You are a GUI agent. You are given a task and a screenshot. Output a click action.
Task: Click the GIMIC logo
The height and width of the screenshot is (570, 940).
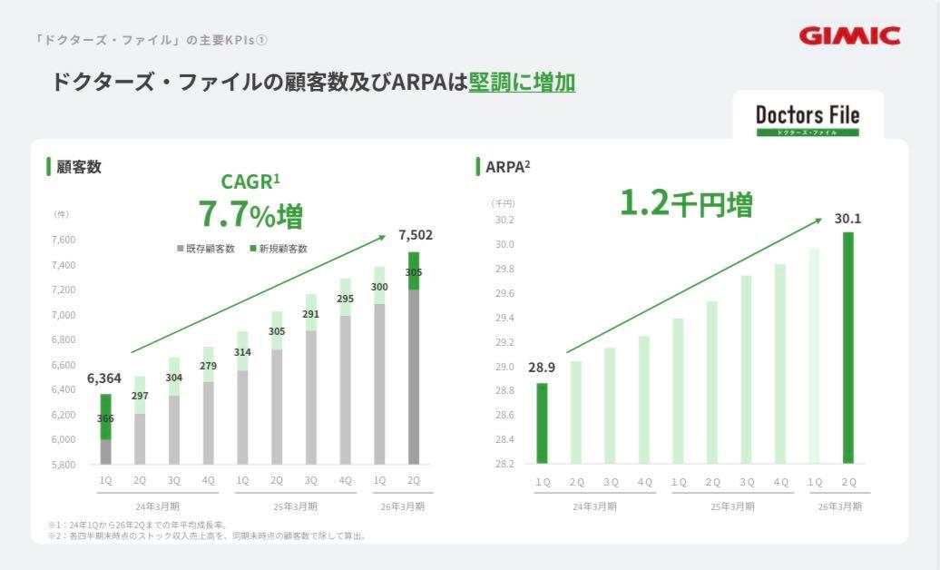coord(849,35)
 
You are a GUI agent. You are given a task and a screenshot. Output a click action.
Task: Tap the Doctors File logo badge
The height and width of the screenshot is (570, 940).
coord(807,118)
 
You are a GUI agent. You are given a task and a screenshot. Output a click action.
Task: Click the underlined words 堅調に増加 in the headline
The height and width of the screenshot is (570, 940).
coord(522,83)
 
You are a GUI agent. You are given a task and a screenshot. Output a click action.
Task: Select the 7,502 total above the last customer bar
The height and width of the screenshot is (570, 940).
coord(415,235)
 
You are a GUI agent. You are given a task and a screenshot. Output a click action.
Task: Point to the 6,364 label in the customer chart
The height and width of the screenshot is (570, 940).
coord(104,378)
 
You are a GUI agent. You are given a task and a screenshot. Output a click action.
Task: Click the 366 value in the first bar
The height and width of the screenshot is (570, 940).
coord(106,418)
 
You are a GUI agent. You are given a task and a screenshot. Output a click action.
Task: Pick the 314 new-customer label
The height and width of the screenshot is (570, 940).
coord(242,352)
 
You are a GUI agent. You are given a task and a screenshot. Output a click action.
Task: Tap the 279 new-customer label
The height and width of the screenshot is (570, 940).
coord(209,366)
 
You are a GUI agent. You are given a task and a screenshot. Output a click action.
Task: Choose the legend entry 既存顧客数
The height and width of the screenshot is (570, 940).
coord(206,249)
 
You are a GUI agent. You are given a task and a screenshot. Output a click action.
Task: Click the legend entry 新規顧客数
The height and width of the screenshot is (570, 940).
coord(278,249)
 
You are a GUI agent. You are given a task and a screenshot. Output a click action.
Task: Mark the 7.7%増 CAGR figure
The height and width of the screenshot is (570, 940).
coord(250,215)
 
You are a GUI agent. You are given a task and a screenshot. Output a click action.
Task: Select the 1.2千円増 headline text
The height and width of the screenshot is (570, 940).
coord(685,204)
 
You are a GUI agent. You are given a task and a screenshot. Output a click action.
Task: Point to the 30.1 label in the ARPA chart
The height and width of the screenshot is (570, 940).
coord(847,219)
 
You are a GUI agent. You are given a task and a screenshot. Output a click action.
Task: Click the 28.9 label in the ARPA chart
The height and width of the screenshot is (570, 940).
coord(541,368)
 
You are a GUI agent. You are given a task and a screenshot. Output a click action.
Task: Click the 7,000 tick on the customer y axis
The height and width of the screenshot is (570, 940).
coord(63,315)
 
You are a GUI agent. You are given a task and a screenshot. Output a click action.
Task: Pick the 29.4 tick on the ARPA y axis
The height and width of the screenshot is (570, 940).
coord(504,319)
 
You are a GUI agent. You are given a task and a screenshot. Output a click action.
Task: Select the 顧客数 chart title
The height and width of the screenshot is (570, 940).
coord(78,167)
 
